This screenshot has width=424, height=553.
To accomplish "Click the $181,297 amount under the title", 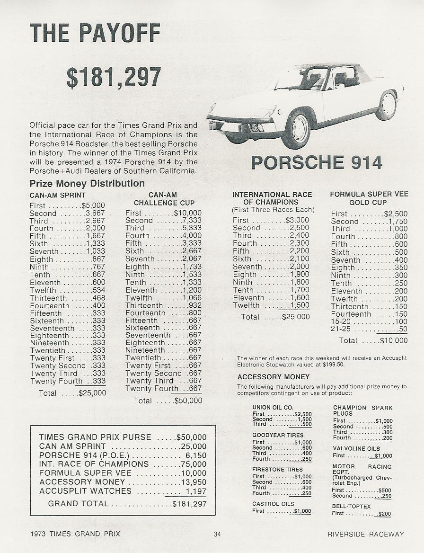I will pos(114,77).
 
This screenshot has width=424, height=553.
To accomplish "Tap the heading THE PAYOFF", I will pos(95,33).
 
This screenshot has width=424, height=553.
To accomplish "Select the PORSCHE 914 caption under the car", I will pos(316,162).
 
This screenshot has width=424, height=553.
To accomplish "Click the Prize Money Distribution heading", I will pos(87,184).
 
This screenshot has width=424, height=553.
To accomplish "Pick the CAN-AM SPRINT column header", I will pos(57,195).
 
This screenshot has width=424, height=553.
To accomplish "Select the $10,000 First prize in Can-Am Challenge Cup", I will pos(187,214).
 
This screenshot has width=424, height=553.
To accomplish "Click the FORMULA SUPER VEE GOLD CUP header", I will pos(369,198).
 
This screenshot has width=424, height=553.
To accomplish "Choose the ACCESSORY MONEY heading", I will pos(273,377).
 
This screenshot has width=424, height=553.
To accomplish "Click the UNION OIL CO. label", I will pos(273,407).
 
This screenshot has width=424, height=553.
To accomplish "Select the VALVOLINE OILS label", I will pos(356,448).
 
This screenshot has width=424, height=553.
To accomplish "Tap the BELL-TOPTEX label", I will pos(351,506).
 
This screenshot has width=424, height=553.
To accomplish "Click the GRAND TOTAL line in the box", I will pos(127,504).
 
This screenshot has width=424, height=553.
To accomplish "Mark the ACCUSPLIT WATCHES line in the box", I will pos(123,491).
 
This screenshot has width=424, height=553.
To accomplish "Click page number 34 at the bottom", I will pos(217,534).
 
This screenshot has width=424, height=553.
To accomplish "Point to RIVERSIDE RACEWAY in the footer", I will pos(366,534).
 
